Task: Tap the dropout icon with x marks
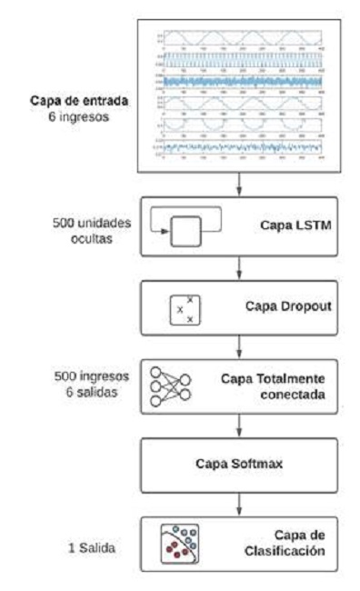pos(185,310)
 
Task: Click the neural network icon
pos(170,386)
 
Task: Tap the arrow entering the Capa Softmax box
pos(238,424)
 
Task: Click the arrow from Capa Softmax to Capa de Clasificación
pos(238,504)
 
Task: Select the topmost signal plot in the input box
pos(238,36)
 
